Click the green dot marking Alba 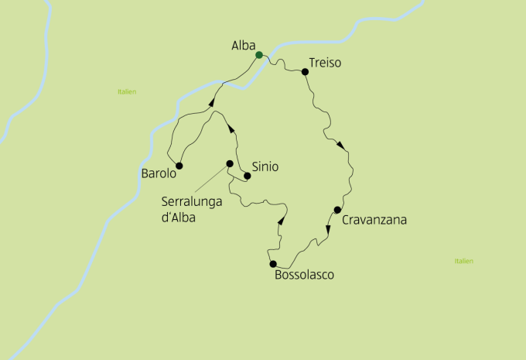tap(259, 54)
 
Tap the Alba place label tap(243, 46)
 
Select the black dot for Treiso tap(306, 72)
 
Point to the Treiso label tap(324, 63)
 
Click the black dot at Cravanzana tap(337, 210)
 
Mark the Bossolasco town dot tap(273, 264)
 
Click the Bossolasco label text tap(304, 274)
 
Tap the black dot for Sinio tap(248, 176)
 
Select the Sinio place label tap(265, 166)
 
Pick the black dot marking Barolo tap(179, 166)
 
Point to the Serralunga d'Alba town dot tap(229, 163)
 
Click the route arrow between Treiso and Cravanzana tap(340, 145)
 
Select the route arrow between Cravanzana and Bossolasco tap(327, 238)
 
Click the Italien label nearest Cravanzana tap(463, 261)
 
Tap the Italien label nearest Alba tap(127, 91)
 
